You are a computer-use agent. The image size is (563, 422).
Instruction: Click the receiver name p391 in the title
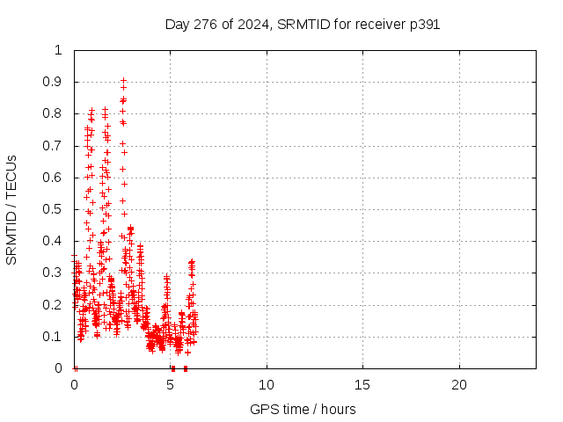pyautogui.click(x=422, y=25)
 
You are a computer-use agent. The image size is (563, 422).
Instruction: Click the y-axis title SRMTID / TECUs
pyautogui.click(x=11, y=209)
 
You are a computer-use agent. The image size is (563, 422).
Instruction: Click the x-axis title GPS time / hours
pyautogui.click(x=303, y=409)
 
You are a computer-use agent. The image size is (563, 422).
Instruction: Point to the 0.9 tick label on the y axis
pyautogui.click(x=54, y=82)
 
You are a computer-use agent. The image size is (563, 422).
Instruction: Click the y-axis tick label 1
pyautogui.click(x=59, y=50)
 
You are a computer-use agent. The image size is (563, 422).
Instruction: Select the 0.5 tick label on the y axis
pyautogui.click(x=54, y=209)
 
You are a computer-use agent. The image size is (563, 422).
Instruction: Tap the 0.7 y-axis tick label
pyautogui.click(x=54, y=145)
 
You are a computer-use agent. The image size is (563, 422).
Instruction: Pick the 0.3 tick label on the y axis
pyautogui.click(x=54, y=273)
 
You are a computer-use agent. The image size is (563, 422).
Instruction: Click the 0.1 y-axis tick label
pyautogui.click(x=54, y=337)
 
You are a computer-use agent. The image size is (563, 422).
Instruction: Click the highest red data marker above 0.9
pyautogui.click(x=123, y=80)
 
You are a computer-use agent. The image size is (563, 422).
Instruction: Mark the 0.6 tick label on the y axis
pyautogui.click(x=54, y=178)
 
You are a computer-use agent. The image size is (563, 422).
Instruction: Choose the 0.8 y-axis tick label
pyautogui.click(x=54, y=113)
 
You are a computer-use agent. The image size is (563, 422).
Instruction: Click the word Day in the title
pyautogui.click(x=177, y=25)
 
